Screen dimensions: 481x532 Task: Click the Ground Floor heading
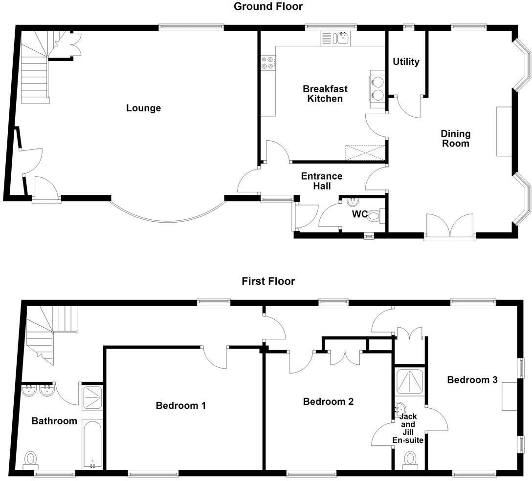267,7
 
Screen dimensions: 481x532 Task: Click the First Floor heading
268,281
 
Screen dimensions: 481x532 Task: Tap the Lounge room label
143,108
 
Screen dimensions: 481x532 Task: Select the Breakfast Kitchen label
325,93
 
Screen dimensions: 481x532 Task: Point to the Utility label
406,62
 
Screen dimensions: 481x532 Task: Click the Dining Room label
455,138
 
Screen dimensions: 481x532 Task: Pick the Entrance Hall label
321,181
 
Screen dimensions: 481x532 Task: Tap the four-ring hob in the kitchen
268,62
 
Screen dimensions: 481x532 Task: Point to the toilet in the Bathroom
31,459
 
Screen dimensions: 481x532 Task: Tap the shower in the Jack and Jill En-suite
410,382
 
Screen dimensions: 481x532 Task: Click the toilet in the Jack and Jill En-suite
410,459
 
